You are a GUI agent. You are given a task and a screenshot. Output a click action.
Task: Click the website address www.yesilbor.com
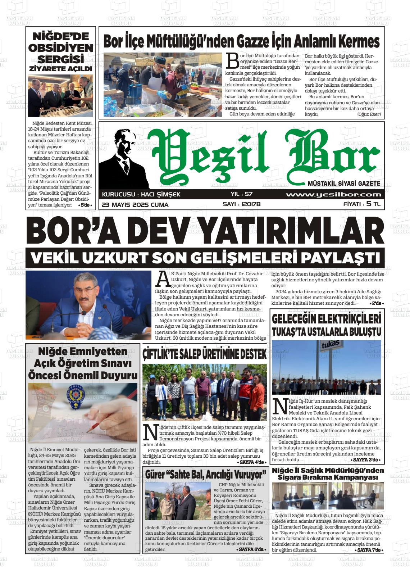point(333,195)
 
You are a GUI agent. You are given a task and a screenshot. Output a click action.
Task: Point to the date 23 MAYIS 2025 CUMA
point(135,204)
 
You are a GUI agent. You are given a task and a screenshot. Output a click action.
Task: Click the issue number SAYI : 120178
point(241,204)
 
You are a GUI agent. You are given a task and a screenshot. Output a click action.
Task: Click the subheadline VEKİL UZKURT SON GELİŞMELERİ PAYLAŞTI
point(205,258)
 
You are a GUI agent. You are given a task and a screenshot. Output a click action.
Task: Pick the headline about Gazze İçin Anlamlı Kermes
point(241,41)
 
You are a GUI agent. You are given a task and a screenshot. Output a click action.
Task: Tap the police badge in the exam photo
point(76,395)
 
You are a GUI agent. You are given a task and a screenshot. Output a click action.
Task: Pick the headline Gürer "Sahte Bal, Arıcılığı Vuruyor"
point(206,474)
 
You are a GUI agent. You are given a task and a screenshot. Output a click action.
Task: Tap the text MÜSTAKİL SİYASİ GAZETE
point(344,183)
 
